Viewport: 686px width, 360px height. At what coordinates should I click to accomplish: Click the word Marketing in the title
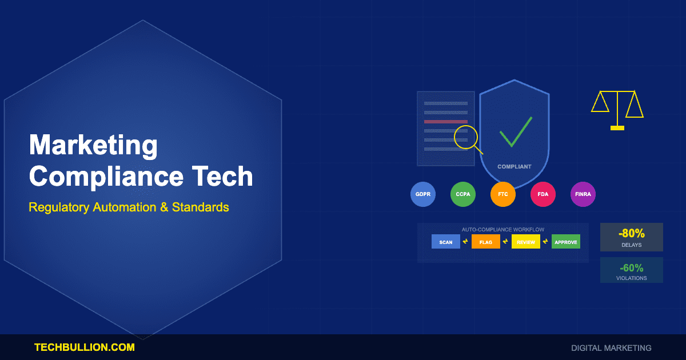click(93, 146)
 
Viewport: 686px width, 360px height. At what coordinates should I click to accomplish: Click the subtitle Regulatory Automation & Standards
click(129, 207)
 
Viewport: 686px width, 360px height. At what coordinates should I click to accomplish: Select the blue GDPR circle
click(423, 194)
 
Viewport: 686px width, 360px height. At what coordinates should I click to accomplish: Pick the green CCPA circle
click(463, 194)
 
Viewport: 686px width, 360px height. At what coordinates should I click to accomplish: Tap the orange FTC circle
click(503, 194)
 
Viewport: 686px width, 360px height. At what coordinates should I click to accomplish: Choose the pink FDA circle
click(543, 194)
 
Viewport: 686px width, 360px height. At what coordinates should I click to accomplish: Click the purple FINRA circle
click(583, 194)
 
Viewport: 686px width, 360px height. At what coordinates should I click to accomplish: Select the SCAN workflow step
click(446, 242)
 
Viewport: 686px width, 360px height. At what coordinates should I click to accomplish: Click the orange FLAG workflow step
click(486, 242)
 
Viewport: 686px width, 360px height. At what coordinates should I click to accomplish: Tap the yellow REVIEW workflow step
click(526, 242)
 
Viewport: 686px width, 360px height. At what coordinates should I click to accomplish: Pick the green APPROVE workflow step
click(566, 242)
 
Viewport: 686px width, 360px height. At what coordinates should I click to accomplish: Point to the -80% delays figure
click(631, 234)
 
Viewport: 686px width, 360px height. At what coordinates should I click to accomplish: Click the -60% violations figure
click(631, 267)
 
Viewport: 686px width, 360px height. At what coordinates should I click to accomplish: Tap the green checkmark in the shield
click(515, 133)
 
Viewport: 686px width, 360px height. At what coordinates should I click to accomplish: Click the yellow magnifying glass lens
click(465, 137)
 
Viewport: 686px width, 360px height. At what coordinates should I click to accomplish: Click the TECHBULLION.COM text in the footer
click(85, 347)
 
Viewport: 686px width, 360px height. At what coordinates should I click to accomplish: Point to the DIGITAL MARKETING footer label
click(611, 347)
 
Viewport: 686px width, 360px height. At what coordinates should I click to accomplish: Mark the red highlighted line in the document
click(446, 122)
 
